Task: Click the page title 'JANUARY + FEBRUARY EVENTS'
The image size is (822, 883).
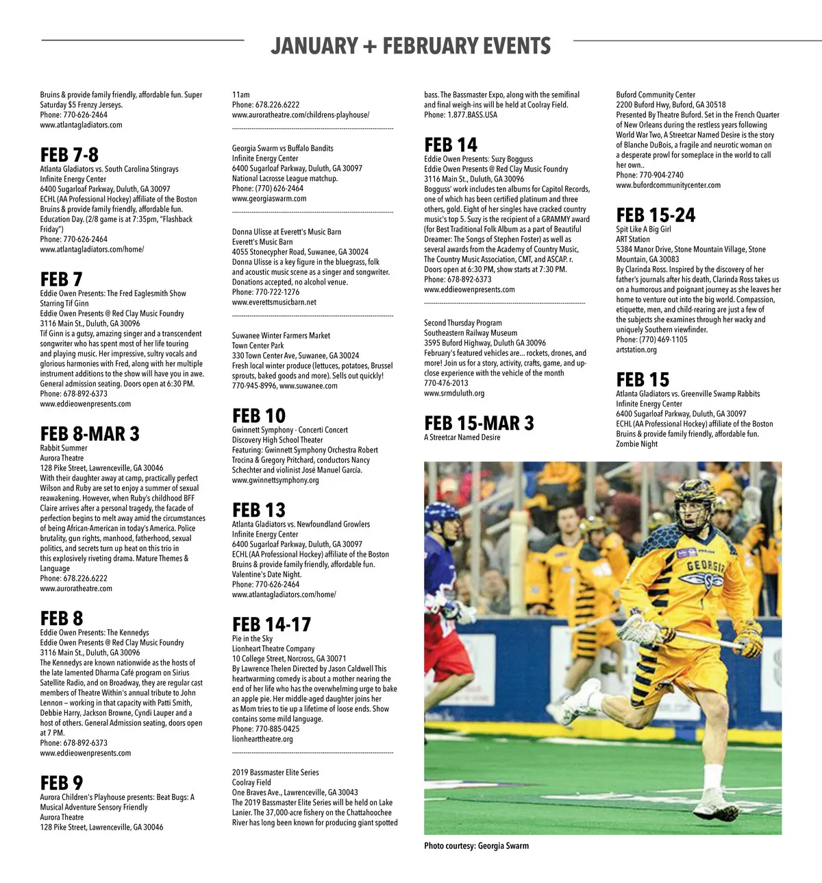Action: pyautogui.click(x=410, y=46)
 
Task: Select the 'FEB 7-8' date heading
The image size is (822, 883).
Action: pyautogui.click(x=69, y=155)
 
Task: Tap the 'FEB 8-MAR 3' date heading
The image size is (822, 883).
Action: pyautogui.click(x=90, y=434)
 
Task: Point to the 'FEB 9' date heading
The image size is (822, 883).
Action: pyautogui.click(x=62, y=783)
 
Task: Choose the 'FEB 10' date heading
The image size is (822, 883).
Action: pyautogui.click(x=259, y=416)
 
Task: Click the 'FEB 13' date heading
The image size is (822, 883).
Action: pyautogui.click(x=259, y=510)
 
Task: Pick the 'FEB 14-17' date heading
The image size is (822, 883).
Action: pyautogui.click(x=271, y=625)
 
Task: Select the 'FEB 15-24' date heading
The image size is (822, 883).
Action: pyautogui.click(x=656, y=215)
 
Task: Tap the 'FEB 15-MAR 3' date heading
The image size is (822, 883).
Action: pyautogui.click(x=479, y=423)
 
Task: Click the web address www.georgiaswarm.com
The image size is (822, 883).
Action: pyautogui.click(x=269, y=199)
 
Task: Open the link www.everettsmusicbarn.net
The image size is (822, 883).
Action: pyautogui.click(x=274, y=302)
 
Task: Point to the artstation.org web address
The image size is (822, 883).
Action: pyautogui.click(x=636, y=350)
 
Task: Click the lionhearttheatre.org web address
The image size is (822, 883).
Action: pyautogui.click(x=262, y=739)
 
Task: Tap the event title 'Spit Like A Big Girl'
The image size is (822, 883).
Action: pyautogui.click(x=643, y=230)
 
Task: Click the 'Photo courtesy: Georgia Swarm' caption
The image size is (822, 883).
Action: pyautogui.click(x=476, y=846)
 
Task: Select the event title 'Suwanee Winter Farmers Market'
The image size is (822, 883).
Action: pyautogui.click(x=281, y=336)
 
